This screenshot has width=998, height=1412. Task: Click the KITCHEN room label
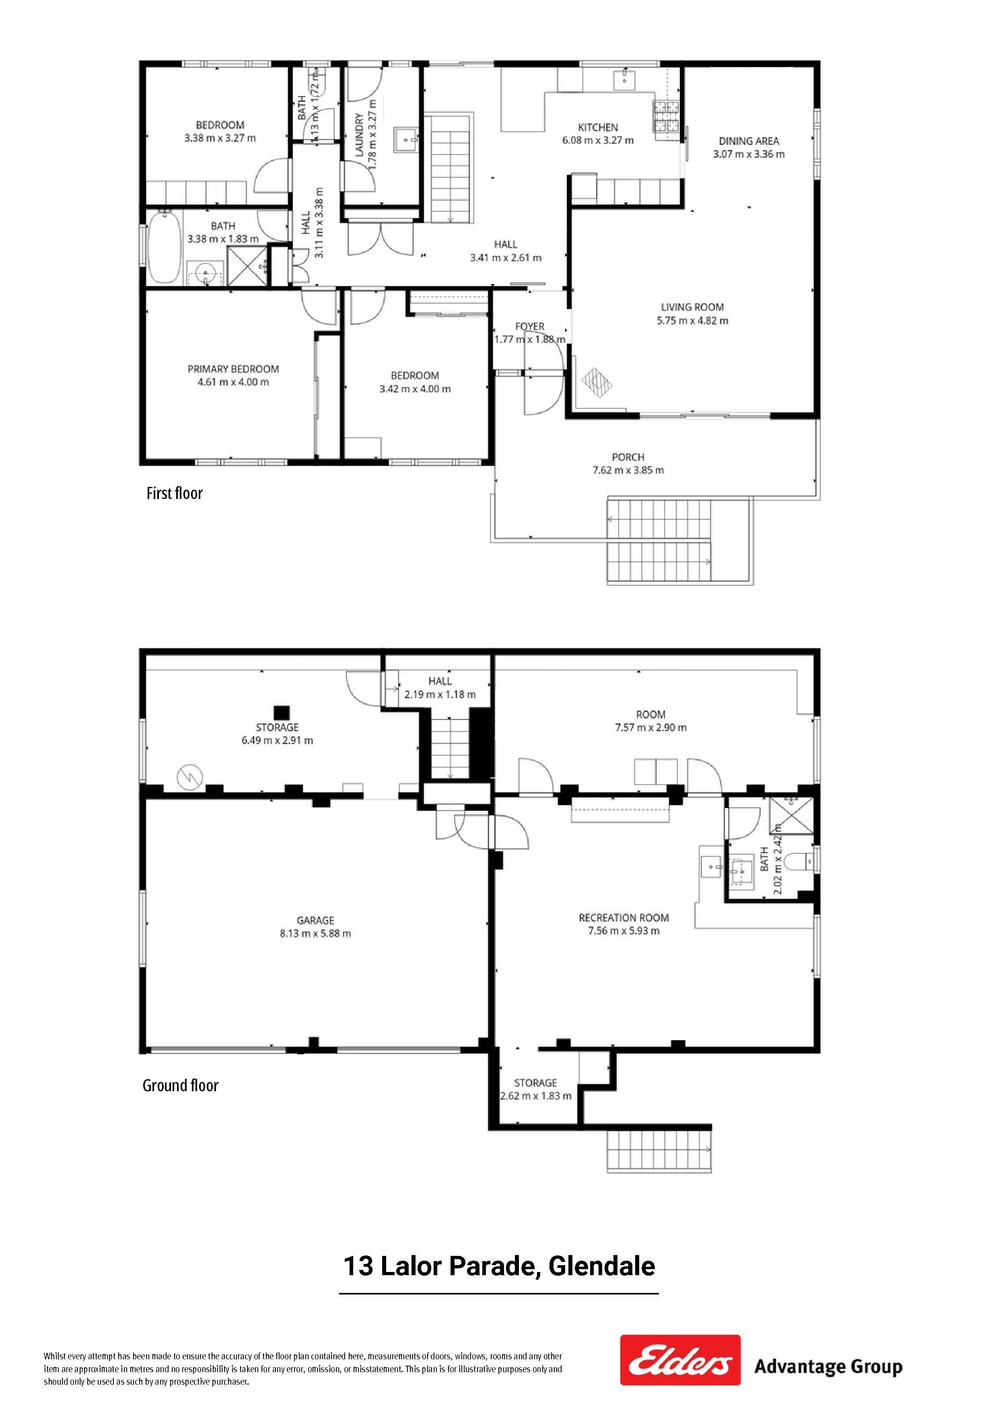pos(598,127)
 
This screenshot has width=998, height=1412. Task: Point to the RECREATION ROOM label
pos(623,917)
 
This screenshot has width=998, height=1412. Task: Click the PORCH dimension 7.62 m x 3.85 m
pos(628,470)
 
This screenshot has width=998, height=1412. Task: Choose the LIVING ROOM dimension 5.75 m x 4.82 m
pos(692,320)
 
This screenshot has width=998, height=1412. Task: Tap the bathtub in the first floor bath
pos(164,247)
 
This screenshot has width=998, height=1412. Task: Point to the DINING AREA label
pos(749,141)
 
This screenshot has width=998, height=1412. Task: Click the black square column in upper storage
pos(282,711)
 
